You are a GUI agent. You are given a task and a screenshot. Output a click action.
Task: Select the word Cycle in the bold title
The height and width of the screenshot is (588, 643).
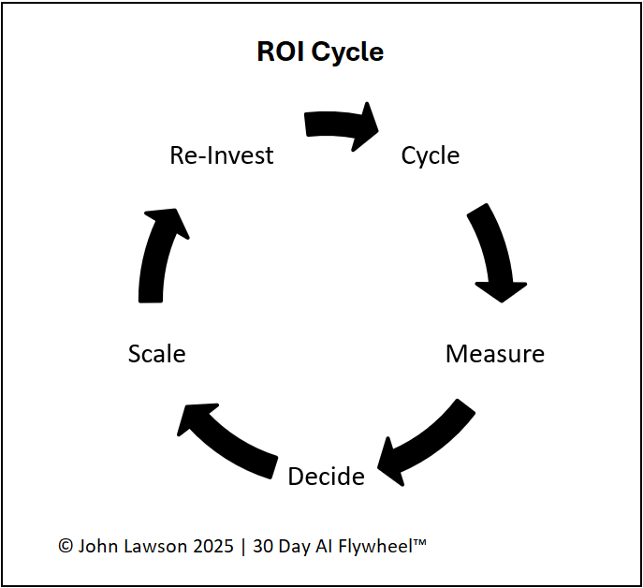pos(347,52)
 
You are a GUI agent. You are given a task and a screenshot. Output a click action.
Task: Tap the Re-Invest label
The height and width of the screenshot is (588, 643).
pos(222,155)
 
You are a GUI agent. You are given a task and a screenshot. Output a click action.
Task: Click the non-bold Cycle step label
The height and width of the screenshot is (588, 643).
pos(431,155)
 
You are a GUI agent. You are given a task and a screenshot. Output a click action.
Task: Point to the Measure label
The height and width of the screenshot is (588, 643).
pos(495,354)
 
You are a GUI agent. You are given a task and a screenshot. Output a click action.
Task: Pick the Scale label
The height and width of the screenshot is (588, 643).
pos(157,354)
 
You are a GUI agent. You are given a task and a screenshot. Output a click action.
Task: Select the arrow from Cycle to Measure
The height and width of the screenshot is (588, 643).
pos(493,253)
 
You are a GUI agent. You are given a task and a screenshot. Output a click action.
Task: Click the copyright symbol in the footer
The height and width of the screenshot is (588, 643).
pos(66,547)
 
